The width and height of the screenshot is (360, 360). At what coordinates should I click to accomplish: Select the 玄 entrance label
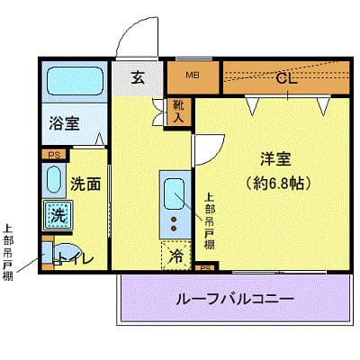pyautogui.click(x=138, y=77)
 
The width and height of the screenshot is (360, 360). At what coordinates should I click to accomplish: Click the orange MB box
pyautogui.click(x=193, y=76)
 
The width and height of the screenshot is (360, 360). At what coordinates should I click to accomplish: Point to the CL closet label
pyautogui.click(x=286, y=78)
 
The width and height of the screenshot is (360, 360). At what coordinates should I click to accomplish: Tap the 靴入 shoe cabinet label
pyautogui.click(x=180, y=111)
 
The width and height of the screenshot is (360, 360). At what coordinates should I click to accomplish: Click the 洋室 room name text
pyautogui.click(x=275, y=159)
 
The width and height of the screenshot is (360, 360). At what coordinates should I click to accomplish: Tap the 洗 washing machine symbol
pyautogui.click(x=57, y=215)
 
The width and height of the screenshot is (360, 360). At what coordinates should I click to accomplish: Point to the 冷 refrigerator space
pyautogui.click(x=175, y=256)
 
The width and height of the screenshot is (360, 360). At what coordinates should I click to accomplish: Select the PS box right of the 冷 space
pyautogui.click(x=205, y=267)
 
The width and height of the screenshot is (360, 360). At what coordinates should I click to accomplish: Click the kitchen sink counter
pyautogui.click(x=172, y=202)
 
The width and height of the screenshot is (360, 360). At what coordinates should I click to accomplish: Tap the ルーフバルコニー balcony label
pyautogui.click(x=237, y=297)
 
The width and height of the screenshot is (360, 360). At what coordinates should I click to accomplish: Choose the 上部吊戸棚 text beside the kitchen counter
pyautogui.click(x=209, y=221)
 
